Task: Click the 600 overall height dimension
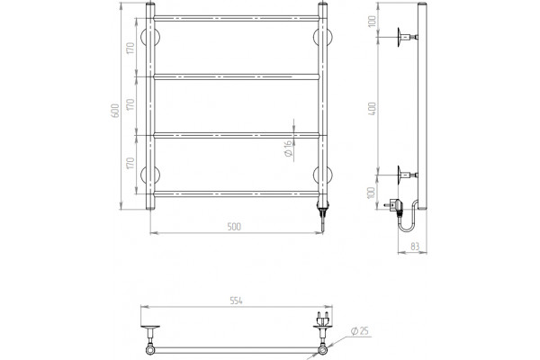(x=115, y=111)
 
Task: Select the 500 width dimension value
(x=234, y=227)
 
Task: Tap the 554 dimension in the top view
(x=236, y=301)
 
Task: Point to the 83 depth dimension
(x=415, y=247)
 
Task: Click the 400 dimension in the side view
(x=373, y=109)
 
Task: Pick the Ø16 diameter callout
(x=288, y=148)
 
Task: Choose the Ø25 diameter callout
(x=360, y=331)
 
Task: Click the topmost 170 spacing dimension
(x=130, y=48)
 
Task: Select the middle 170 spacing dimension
(x=130, y=104)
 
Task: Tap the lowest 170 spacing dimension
(x=130, y=163)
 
